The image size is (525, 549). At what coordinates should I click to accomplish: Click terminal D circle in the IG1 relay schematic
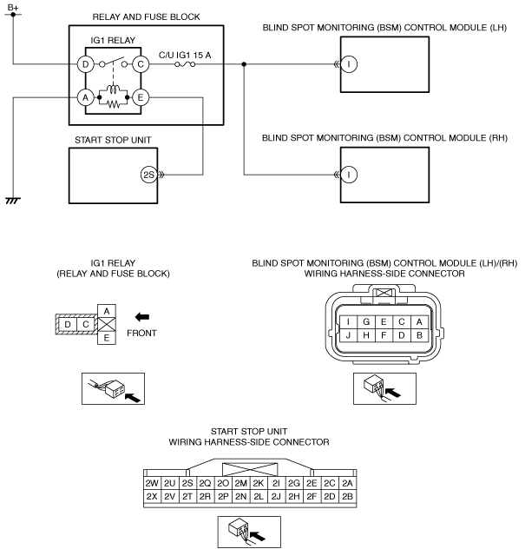[85, 64]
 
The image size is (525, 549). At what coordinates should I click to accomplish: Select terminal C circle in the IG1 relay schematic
[141, 64]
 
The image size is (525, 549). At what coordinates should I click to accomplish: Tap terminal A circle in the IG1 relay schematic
[85, 97]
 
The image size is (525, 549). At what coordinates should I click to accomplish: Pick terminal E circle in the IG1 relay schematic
[141, 97]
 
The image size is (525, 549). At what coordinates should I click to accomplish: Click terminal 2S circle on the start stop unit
[149, 175]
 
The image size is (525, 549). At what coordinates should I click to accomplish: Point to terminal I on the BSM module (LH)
[349, 64]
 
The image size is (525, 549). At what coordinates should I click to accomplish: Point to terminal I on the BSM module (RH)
[349, 175]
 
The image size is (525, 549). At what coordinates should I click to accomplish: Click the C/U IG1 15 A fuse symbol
[185, 64]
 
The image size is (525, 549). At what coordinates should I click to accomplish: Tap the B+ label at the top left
[13, 7]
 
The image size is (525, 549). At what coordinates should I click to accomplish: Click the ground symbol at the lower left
[13, 201]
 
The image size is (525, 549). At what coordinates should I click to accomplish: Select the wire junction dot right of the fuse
[244, 64]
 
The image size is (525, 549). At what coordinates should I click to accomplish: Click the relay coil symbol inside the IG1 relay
[113, 89]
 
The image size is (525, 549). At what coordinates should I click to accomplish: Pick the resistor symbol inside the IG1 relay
[113, 104]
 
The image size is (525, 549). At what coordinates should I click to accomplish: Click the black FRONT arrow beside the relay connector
[142, 317]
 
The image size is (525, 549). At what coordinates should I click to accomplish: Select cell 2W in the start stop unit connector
[152, 483]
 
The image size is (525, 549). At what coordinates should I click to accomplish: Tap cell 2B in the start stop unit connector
[347, 497]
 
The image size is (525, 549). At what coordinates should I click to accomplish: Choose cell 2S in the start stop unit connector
[187, 483]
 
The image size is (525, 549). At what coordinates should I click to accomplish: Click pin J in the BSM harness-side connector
[348, 335]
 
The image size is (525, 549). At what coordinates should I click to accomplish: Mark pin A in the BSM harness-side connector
[419, 321]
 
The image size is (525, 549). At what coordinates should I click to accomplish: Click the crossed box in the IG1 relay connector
[107, 325]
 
